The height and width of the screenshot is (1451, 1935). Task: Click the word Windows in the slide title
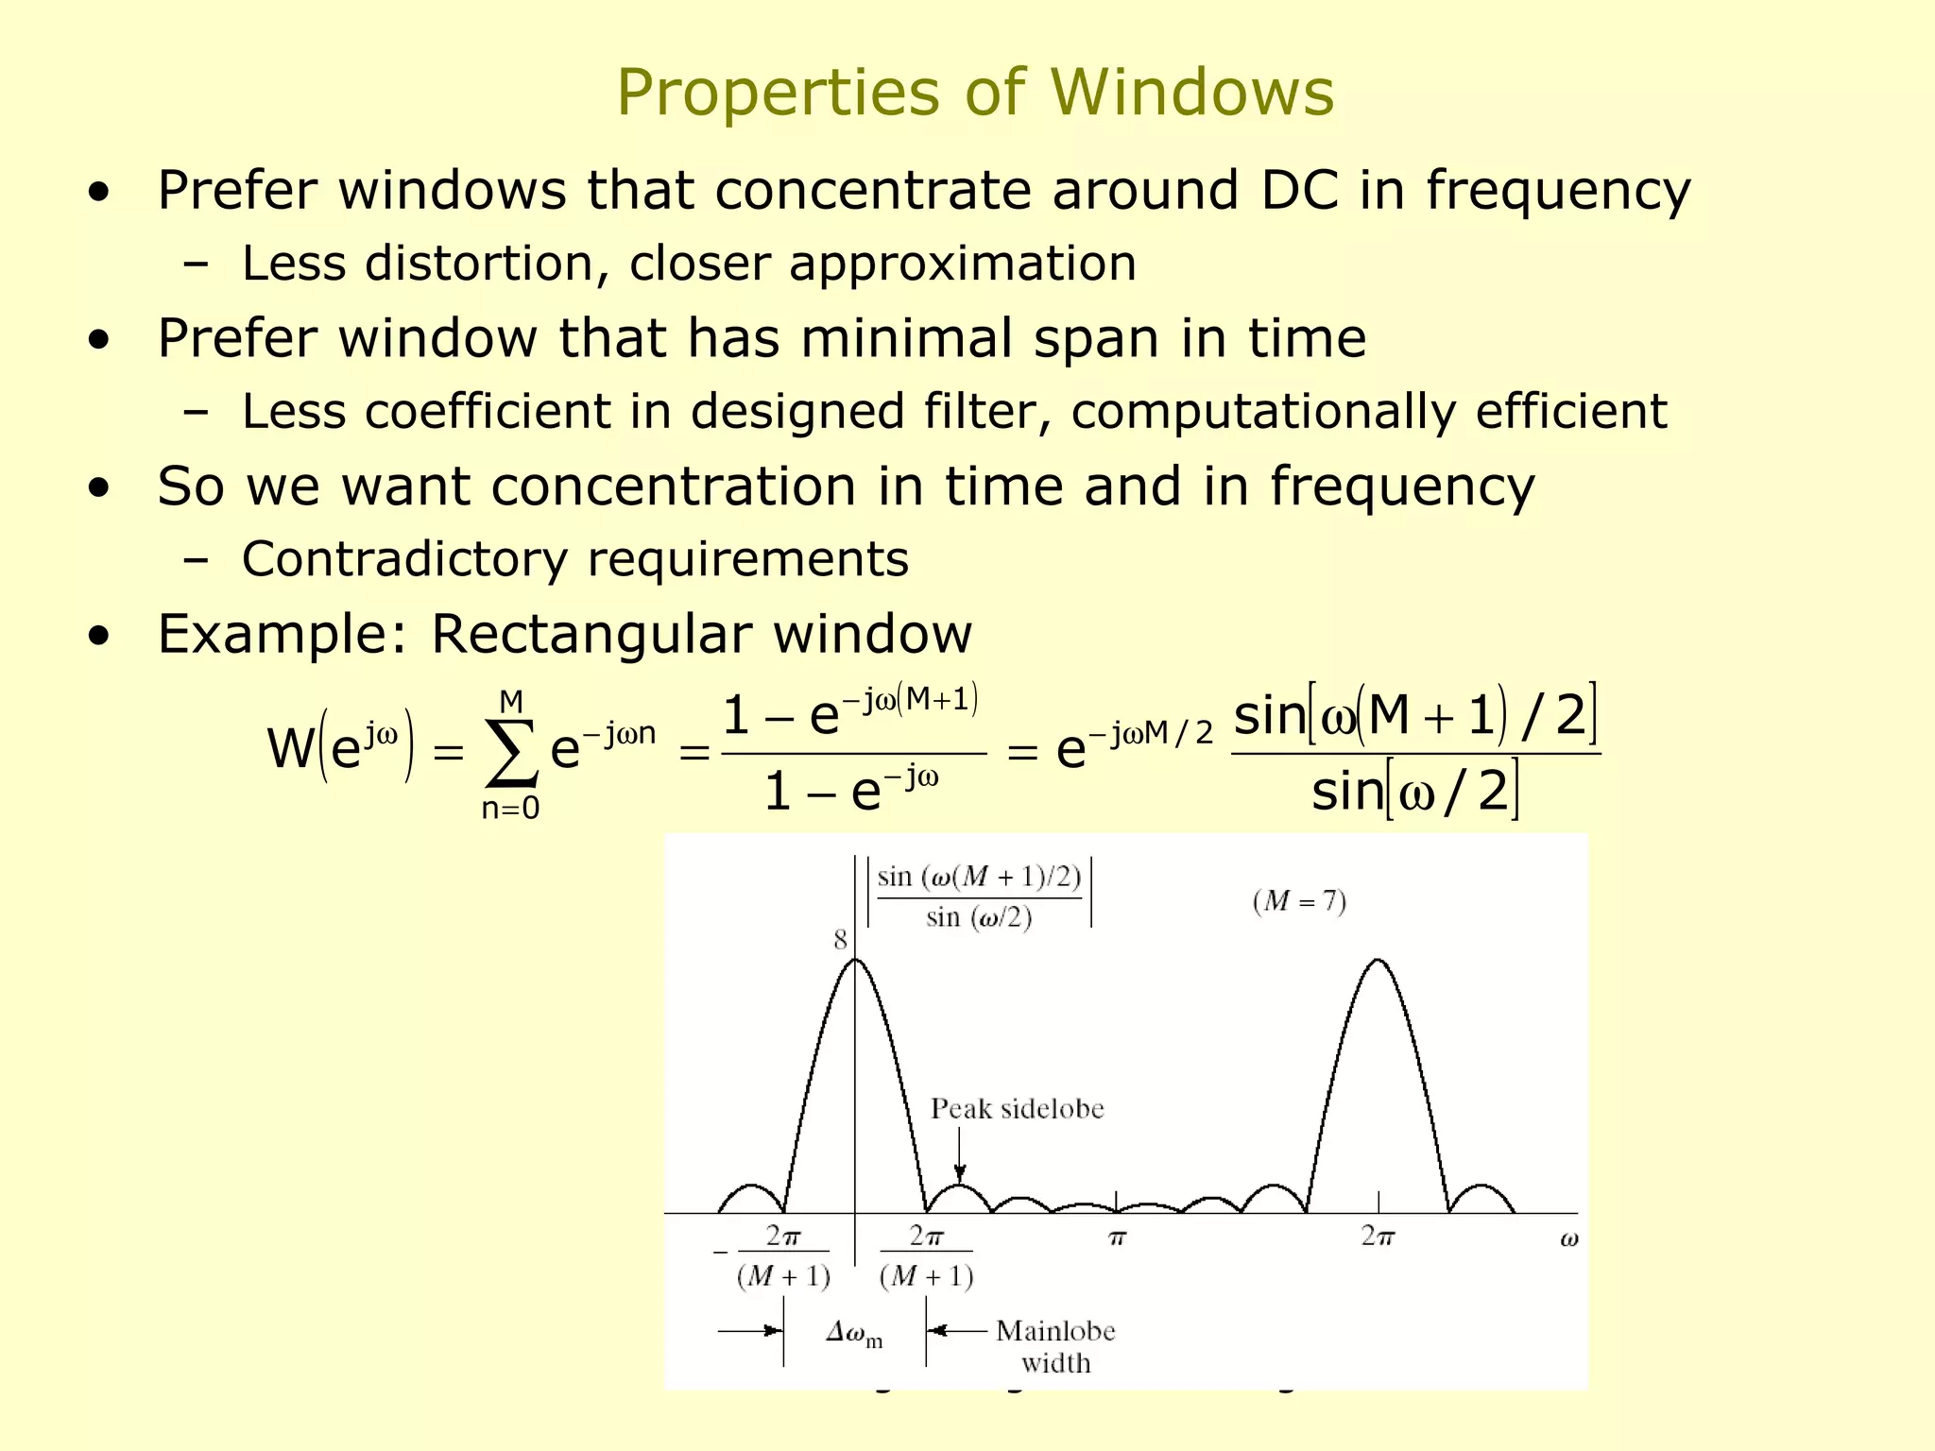click(1191, 93)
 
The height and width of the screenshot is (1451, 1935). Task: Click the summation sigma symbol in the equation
click(511, 753)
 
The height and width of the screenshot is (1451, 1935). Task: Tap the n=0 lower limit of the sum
click(510, 809)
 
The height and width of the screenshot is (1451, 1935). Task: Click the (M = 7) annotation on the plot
click(1299, 900)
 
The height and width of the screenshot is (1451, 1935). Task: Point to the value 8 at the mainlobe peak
click(840, 940)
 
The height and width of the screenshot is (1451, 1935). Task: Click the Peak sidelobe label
click(1017, 1109)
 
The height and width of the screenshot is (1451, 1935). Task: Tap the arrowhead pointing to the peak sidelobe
click(960, 1174)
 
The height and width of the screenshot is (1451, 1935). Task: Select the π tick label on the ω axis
click(1117, 1238)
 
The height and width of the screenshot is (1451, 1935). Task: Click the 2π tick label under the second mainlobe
click(1378, 1236)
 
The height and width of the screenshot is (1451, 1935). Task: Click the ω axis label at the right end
click(1568, 1239)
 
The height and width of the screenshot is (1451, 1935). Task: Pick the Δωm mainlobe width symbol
click(853, 1333)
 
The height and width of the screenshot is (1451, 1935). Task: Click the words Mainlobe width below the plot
click(1055, 1346)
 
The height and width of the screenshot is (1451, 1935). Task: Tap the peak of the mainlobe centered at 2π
click(1378, 961)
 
